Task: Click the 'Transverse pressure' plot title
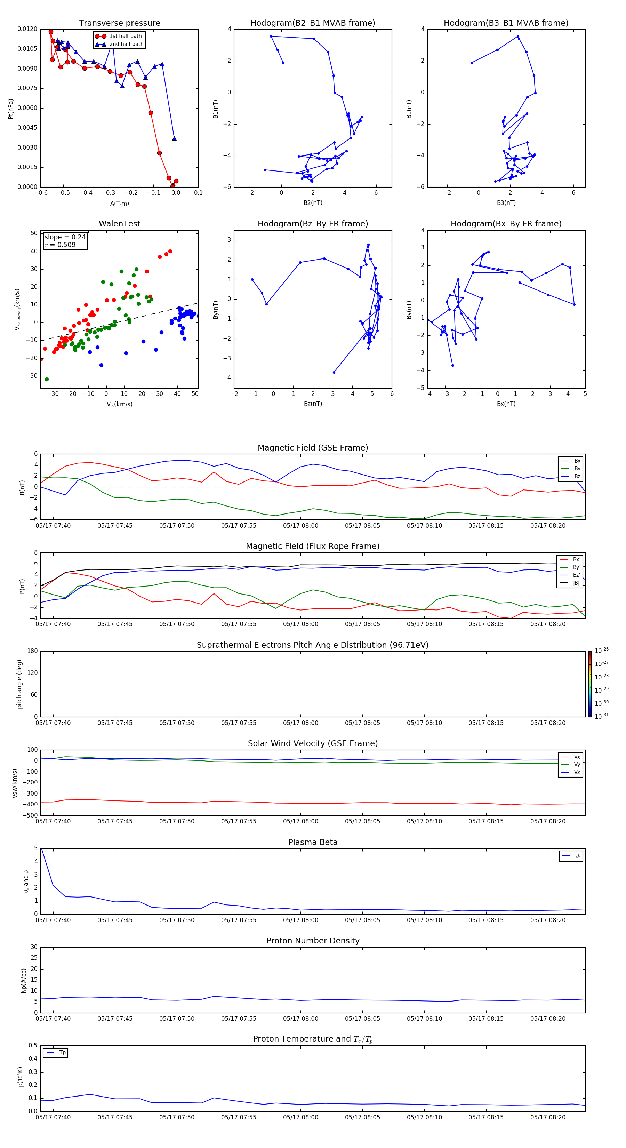tap(119, 23)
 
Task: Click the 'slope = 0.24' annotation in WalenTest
tap(65, 237)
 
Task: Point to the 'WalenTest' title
tap(119, 224)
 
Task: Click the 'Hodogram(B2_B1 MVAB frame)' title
tap(312, 23)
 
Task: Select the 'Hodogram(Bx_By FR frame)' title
tap(506, 224)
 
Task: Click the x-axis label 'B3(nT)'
tap(506, 203)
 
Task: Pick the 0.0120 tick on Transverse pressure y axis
tap(27, 29)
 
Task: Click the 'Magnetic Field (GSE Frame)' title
tap(313, 448)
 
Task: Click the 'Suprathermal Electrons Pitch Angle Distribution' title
tap(313, 645)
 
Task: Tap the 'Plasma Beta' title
tap(313, 842)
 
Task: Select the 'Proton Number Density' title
tap(313, 941)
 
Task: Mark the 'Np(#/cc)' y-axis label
tap(24, 980)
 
